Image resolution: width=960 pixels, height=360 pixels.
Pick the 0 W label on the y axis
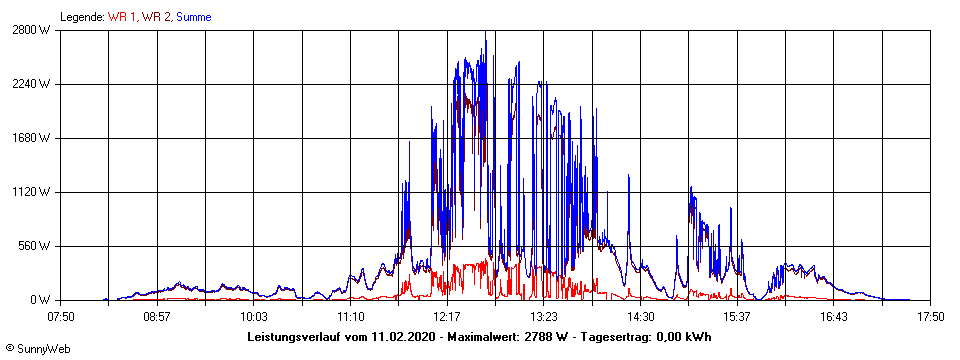click(x=39, y=300)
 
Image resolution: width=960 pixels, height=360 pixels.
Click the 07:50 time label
click(x=61, y=317)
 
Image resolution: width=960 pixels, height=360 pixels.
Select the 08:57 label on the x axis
click(x=157, y=317)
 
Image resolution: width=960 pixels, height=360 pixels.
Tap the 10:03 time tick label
click(x=254, y=317)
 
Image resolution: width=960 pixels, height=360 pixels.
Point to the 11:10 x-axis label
click(x=350, y=317)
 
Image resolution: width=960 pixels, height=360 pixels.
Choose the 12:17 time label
click(x=447, y=317)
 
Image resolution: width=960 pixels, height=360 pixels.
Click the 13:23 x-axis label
click(x=543, y=317)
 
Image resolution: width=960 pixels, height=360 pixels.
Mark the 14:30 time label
click(x=640, y=317)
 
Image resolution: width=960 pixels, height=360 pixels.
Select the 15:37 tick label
click(x=737, y=317)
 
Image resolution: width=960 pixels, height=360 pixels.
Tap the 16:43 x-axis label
click(x=833, y=317)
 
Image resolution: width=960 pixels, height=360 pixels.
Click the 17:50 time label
click(x=930, y=317)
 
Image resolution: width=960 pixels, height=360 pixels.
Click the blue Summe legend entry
click(x=193, y=17)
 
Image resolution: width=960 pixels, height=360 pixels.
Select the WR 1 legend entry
click(x=123, y=17)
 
